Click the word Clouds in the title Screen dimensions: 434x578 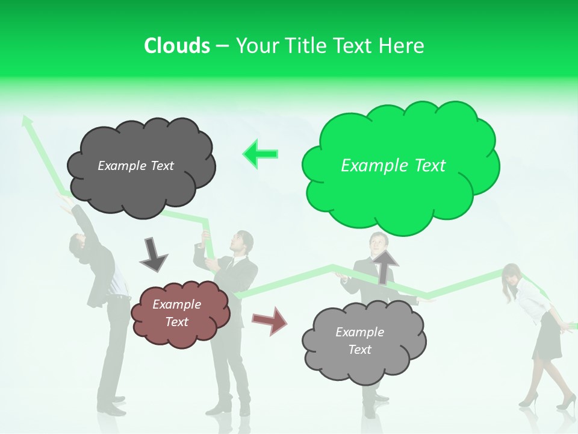[x=177, y=46]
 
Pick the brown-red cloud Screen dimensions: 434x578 [x=180, y=332]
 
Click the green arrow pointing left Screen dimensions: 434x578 [x=261, y=154]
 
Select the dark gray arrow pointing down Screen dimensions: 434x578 [x=153, y=254]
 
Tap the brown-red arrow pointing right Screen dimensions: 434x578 [x=269, y=320]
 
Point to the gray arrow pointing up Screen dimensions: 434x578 [x=384, y=266]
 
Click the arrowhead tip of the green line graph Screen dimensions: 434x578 [x=26, y=119]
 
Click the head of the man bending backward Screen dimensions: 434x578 [x=77, y=244]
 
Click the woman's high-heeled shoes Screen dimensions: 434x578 [x=545, y=400]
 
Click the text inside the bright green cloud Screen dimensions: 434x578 [x=393, y=166]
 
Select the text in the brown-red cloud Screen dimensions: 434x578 [x=176, y=313]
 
